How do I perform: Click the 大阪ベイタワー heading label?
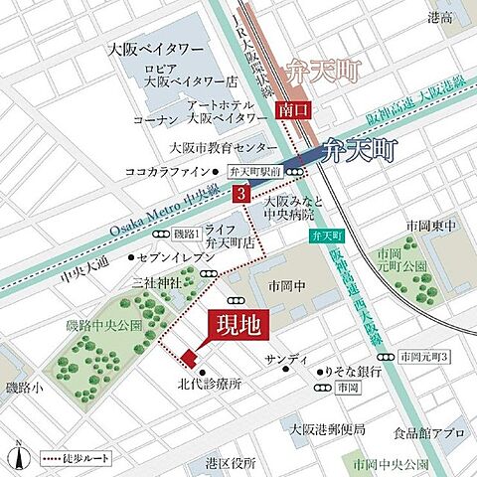pyautogui.click(x=159, y=47)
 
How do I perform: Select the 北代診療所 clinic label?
pyautogui.click(x=206, y=383)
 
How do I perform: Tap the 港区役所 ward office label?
pyautogui.click(x=231, y=464)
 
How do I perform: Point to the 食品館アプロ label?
pyautogui.click(x=427, y=434)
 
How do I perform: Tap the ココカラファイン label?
pyautogui.click(x=161, y=170)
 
